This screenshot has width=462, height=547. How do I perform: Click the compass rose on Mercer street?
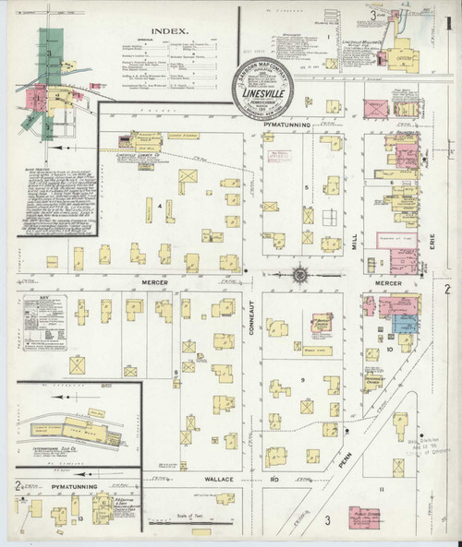pyautogui.click(x=299, y=274)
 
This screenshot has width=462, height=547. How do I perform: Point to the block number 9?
pyautogui.click(x=301, y=379)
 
